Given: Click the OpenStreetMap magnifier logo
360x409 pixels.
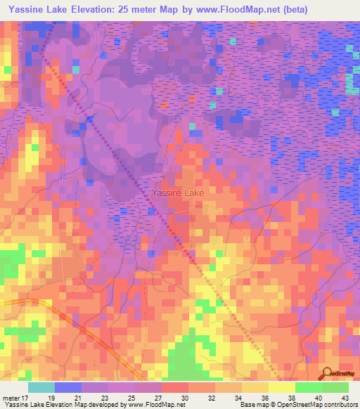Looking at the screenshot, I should [326, 373].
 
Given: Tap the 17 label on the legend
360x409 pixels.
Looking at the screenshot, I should [27, 397].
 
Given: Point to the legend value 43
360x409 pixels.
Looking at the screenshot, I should [345, 397].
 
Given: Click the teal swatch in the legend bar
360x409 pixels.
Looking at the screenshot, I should [41, 387].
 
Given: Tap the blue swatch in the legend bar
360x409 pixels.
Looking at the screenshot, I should [67, 387].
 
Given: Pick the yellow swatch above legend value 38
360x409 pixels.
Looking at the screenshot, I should [281, 387].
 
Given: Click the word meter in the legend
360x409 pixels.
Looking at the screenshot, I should [11, 397].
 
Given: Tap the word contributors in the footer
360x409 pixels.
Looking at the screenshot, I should [340, 405].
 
